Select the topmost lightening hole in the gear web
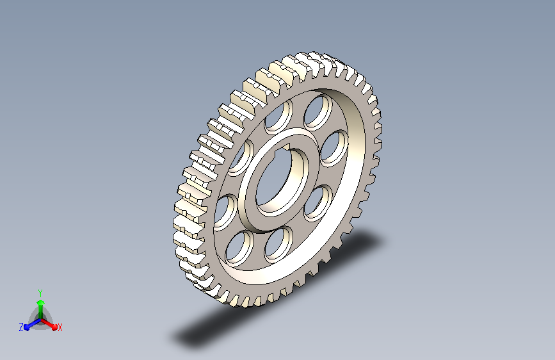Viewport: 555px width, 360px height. coord(318,111)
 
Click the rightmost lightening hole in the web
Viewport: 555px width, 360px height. coord(334,148)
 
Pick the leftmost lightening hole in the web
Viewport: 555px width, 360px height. coord(225,212)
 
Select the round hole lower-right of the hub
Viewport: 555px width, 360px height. coord(318,204)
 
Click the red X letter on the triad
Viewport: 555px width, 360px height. coord(60,328)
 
